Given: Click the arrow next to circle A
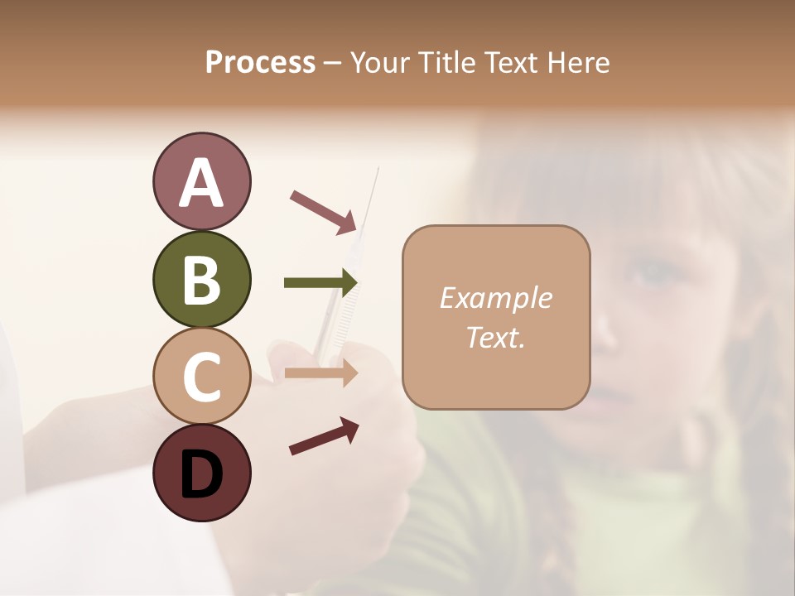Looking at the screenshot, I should click(x=324, y=211).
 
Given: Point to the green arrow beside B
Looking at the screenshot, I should click(x=320, y=283).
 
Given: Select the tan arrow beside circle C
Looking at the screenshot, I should click(x=320, y=372).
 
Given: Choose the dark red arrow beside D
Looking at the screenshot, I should click(x=324, y=435).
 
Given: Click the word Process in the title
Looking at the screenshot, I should click(x=260, y=62).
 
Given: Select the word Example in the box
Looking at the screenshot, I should click(x=495, y=298).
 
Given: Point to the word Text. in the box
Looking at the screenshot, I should click(x=495, y=337).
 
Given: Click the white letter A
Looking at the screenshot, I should click(x=201, y=183).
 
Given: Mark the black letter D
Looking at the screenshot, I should click(x=201, y=473).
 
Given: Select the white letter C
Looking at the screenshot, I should click(x=201, y=377).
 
